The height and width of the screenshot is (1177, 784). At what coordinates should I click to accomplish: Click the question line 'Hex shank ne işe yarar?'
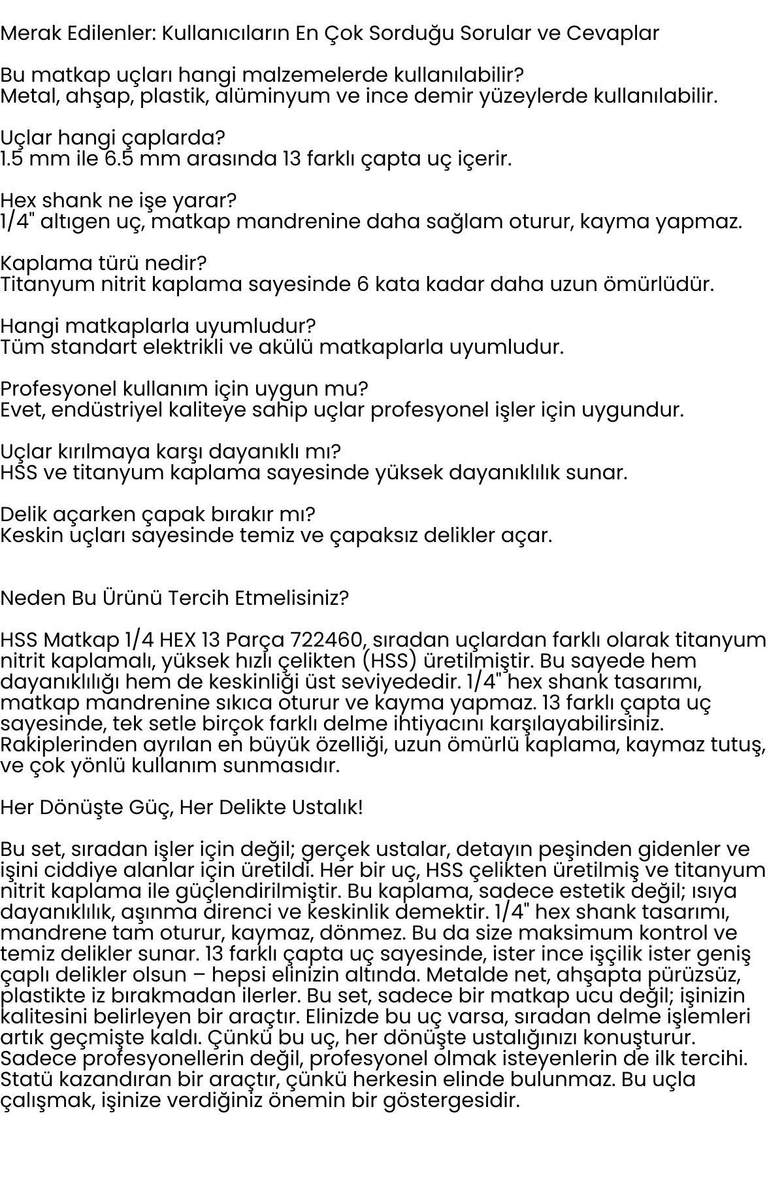pyautogui.click(x=118, y=200)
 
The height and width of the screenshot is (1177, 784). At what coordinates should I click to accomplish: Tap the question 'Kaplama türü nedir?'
pyautogui.click(x=103, y=263)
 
